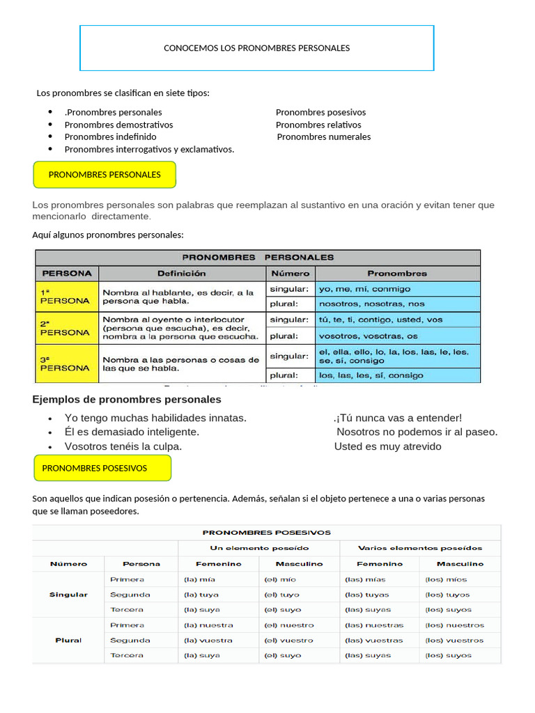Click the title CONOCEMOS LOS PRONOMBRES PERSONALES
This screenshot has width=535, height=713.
pyautogui.click(x=256, y=48)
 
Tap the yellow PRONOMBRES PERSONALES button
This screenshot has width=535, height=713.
pyautogui.click(x=104, y=175)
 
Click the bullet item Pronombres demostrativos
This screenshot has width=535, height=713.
pyautogui.click(x=118, y=125)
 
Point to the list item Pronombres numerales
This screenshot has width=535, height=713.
pyautogui.click(x=324, y=137)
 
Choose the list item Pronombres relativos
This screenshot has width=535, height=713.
pyautogui.click(x=319, y=125)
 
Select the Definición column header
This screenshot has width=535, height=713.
pyautogui.click(x=181, y=273)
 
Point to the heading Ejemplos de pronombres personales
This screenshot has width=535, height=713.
pyautogui.click(x=127, y=400)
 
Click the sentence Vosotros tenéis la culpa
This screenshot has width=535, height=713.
pyautogui.click(x=123, y=446)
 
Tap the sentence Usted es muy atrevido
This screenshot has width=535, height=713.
pyautogui.click(x=387, y=446)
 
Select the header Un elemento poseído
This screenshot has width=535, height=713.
pyautogui.click(x=259, y=548)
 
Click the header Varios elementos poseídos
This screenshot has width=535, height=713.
pyautogui.click(x=419, y=548)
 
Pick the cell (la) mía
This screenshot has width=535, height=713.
pyautogui.click(x=199, y=579)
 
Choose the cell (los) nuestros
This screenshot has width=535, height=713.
pyautogui.click(x=454, y=625)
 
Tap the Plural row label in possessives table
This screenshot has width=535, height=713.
pyautogui.click(x=68, y=640)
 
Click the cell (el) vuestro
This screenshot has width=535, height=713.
pyautogui.click(x=288, y=640)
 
